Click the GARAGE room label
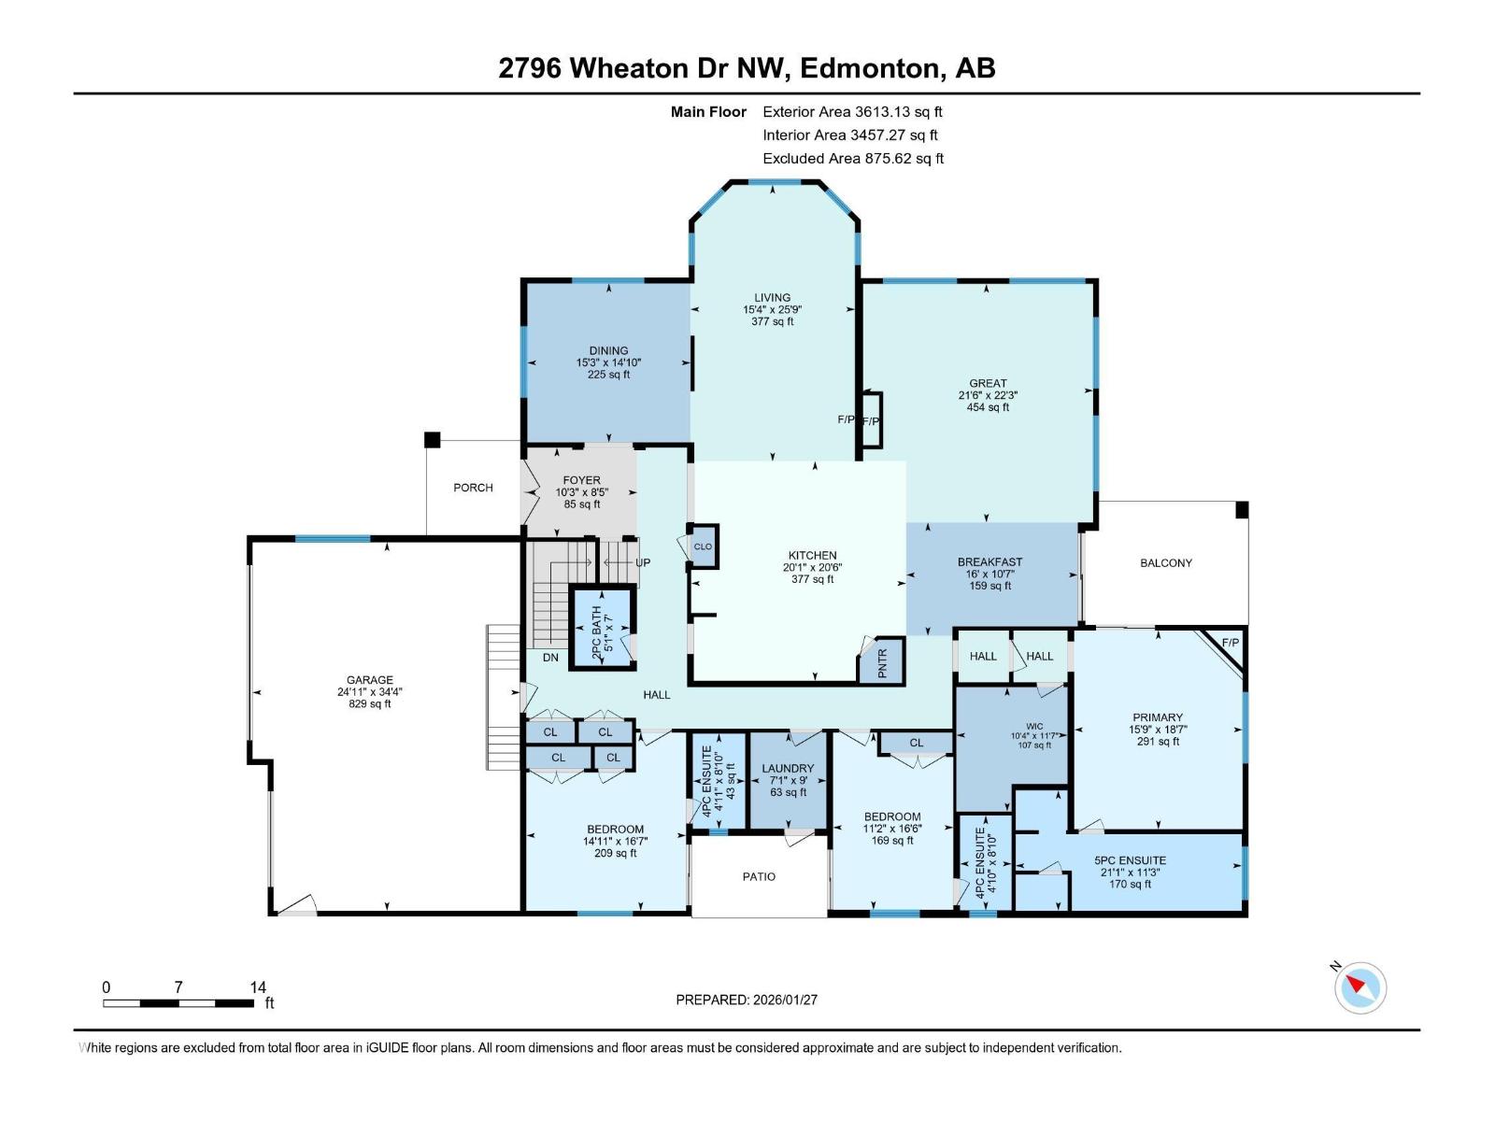370,680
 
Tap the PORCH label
473,488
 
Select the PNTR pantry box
882,660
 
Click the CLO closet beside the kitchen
703,546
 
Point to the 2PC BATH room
603,626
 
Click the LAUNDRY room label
788,768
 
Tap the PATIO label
759,876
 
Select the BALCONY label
1165,562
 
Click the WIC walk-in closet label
1034,726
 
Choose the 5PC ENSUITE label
1130,860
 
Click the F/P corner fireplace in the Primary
1230,644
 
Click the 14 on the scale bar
258,986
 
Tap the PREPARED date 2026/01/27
785,1000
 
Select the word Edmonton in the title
869,68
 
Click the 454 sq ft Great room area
988,407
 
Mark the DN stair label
550,658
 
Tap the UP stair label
643,562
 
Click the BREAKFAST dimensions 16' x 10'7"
990,574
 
